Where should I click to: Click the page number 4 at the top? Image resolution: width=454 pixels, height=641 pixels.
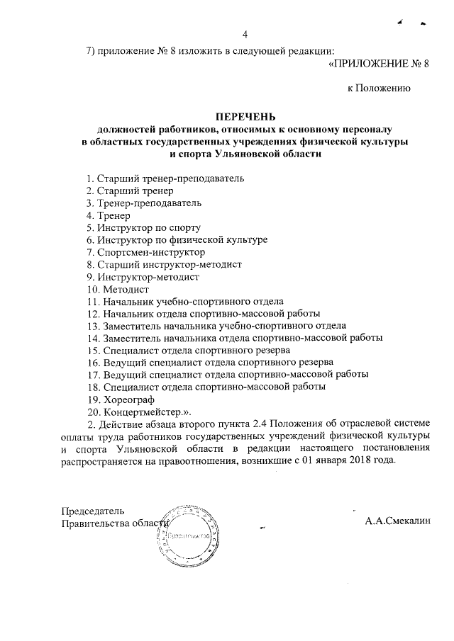point(245,35)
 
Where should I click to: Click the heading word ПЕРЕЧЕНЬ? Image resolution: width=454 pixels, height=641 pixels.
point(245,117)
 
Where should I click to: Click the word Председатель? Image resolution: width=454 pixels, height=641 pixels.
point(93,511)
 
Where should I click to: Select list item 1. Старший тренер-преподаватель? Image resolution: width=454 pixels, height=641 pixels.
point(165,178)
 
